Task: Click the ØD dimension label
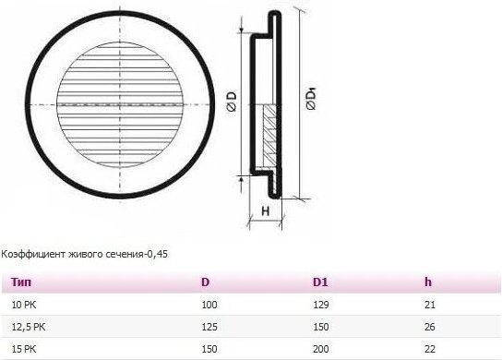(232, 101)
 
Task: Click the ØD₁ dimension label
(312, 100)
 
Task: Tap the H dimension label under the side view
(266, 211)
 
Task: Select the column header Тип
(21, 282)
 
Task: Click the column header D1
(320, 282)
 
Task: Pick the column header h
(428, 282)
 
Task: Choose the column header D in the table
(206, 282)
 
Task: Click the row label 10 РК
(24, 305)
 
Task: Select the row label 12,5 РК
(29, 327)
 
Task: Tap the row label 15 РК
(24, 349)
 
